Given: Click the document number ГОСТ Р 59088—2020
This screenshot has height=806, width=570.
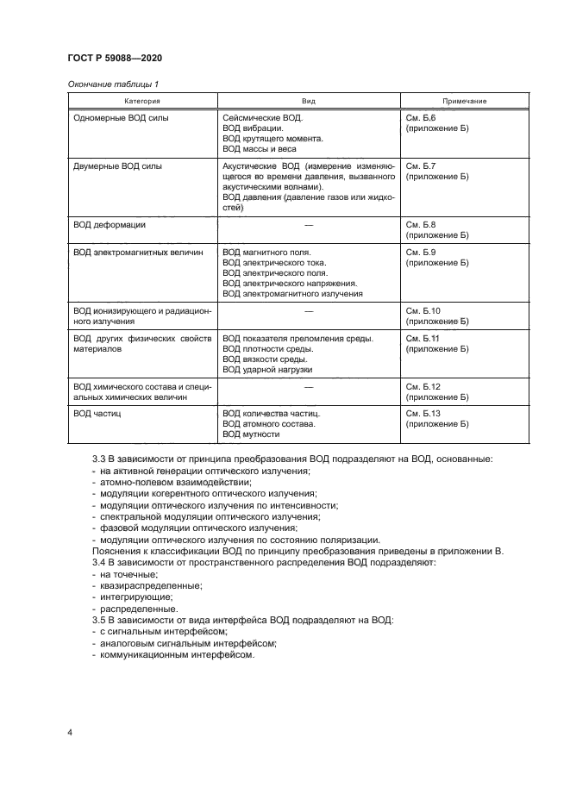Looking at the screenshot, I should coord(114,58).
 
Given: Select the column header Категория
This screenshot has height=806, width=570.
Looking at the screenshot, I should coord(141,101).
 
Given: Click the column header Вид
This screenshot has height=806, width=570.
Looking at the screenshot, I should coord(308,101).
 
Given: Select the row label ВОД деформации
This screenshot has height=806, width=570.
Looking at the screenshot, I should coord(110,223).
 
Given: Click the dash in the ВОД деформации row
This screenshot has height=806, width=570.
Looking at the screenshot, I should coord(308,223).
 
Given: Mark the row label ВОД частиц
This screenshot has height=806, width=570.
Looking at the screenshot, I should coord(97,414).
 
